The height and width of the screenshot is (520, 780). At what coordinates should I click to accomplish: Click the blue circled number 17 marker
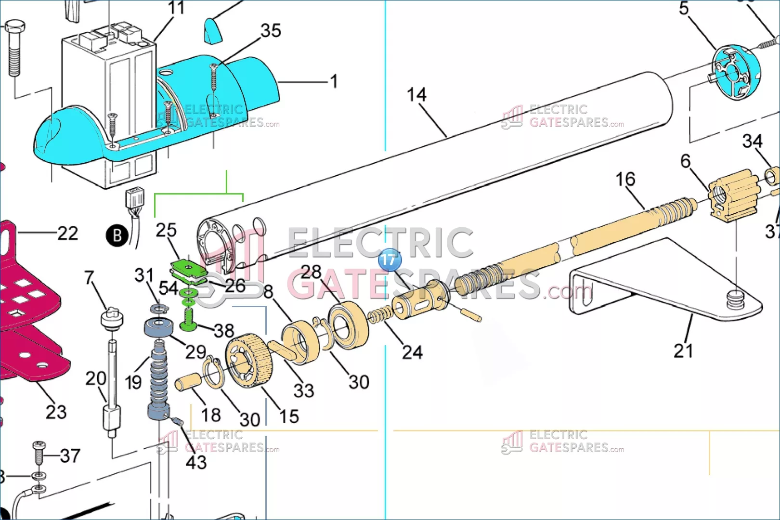pyautogui.click(x=389, y=260)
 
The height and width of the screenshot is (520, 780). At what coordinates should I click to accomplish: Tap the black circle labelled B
pyautogui.click(x=117, y=236)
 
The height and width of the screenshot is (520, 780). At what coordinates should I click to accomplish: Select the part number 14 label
pyautogui.click(x=416, y=95)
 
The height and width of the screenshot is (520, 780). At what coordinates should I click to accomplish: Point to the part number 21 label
pyautogui.click(x=683, y=351)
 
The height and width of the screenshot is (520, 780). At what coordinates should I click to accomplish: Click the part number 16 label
pyautogui.click(x=625, y=180)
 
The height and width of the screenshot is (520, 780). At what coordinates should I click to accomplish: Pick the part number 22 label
pyautogui.click(x=68, y=234)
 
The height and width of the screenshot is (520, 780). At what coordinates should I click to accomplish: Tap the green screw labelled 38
pyautogui.click(x=188, y=320)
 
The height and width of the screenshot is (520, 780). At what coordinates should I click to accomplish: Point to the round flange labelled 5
pyautogui.click(x=735, y=72)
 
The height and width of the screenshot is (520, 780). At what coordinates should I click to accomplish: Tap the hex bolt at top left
pyautogui.click(x=14, y=48)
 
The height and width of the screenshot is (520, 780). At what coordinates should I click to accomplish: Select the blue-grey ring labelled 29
pyautogui.click(x=158, y=327)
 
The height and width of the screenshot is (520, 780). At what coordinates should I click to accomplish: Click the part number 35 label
pyautogui.click(x=271, y=31)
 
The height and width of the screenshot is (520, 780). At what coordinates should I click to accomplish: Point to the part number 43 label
pyautogui.click(x=196, y=463)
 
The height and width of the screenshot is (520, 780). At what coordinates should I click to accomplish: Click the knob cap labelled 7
pyautogui.click(x=112, y=318)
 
